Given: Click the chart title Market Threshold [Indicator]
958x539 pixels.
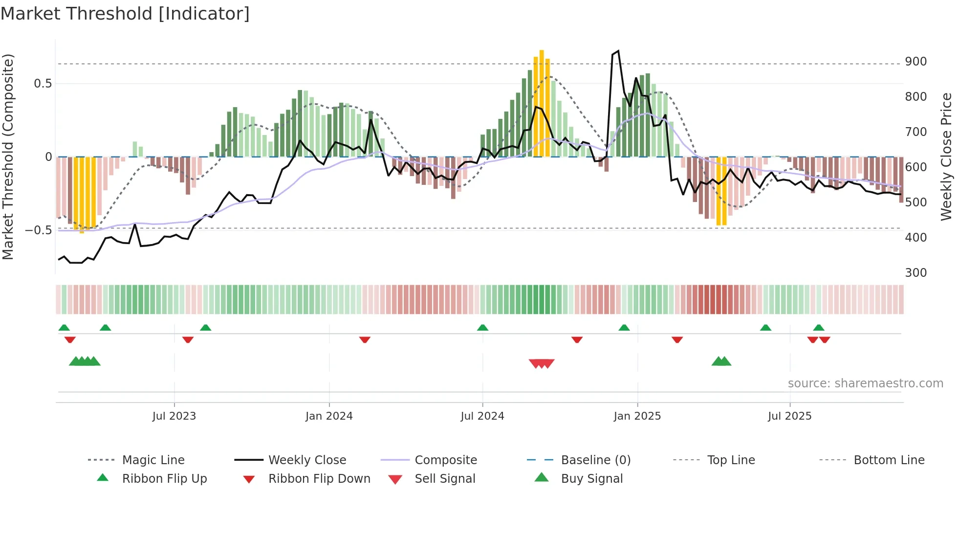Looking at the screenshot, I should (x=125, y=14).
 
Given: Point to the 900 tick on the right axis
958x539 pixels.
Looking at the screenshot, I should (x=915, y=62).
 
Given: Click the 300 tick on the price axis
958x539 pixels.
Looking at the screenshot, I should (x=915, y=273).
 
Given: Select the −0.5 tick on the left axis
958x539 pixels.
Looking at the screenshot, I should (x=39, y=230).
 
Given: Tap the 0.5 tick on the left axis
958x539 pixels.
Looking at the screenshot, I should (x=43, y=84).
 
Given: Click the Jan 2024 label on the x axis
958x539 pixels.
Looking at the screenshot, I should (x=329, y=416).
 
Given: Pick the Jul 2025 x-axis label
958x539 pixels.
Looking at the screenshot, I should (x=789, y=416).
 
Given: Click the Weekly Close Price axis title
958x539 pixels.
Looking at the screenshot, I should (x=946, y=157).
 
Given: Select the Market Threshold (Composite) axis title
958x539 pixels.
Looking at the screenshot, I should (x=8, y=157).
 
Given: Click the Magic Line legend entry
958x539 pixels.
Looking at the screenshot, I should (x=153, y=460).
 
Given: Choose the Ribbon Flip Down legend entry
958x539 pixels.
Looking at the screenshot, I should (x=319, y=479).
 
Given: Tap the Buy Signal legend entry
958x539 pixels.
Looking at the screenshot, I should (x=591, y=479).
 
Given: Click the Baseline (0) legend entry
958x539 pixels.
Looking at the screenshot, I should (x=595, y=460).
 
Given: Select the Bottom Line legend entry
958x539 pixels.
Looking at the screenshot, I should (x=889, y=460).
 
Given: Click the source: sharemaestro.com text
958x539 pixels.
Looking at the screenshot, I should (x=865, y=383).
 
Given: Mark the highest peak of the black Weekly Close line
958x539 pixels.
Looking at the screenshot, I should (x=618, y=51).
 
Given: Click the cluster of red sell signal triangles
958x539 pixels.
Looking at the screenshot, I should (x=542, y=363).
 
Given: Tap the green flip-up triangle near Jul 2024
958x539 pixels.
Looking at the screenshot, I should (x=482, y=327).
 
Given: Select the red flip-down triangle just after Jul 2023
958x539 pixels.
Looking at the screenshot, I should (x=188, y=339).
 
